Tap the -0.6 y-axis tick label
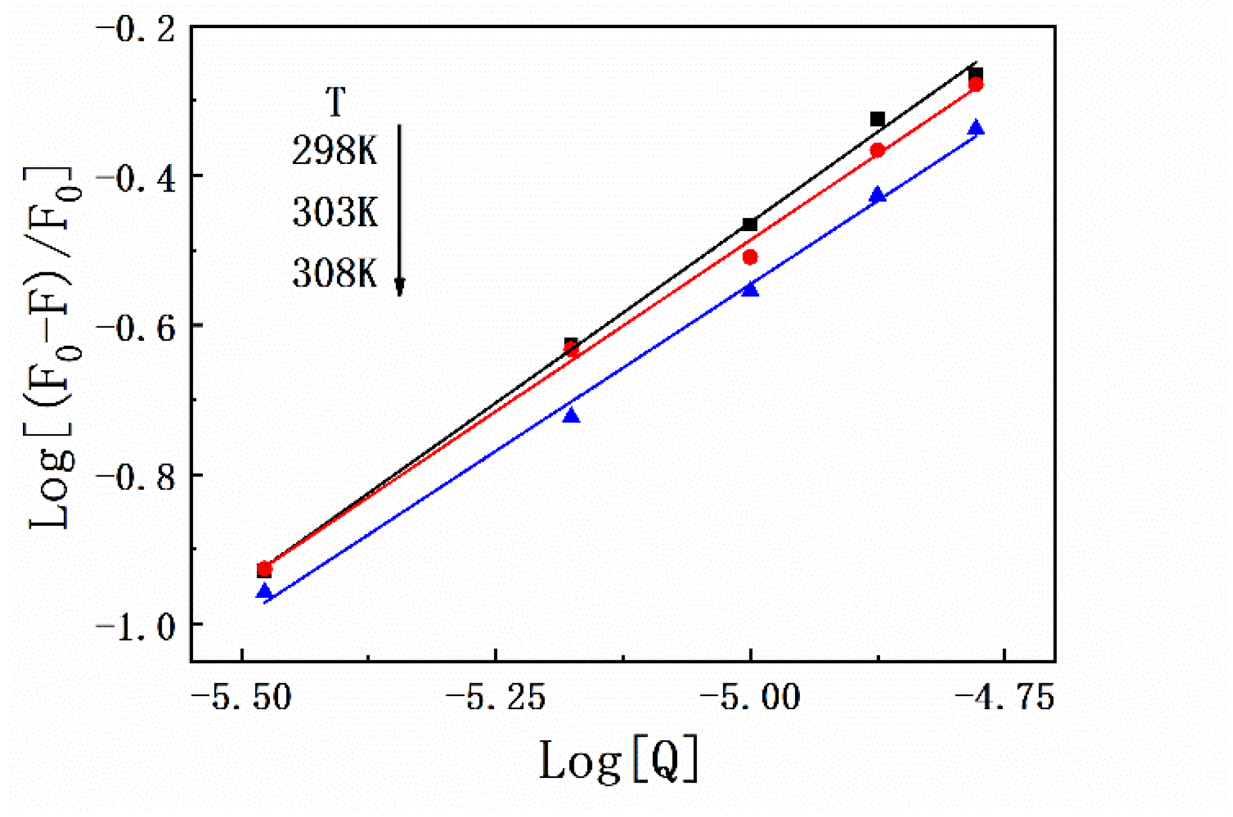pos(135,329)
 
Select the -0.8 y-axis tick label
pos(135,478)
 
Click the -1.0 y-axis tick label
pos(135,627)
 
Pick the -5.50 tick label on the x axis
pos(241,698)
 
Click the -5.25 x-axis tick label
pos(496,698)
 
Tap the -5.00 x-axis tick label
pos(750,698)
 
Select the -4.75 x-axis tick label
pos(1004,698)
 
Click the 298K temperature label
pos(335,151)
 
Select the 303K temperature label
pos(335,212)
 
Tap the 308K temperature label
pos(335,273)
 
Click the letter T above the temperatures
pos(336,102)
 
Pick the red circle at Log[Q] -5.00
pos(750,257)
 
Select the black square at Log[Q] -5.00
pos(749,224)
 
